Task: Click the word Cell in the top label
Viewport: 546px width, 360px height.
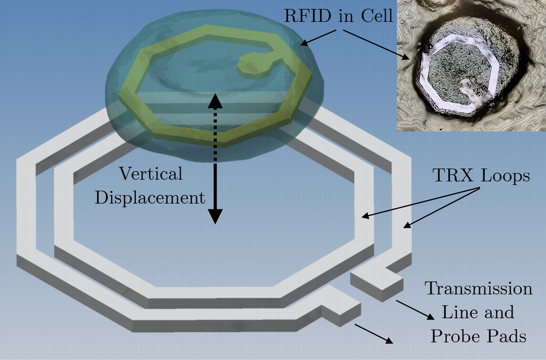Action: (375, 16)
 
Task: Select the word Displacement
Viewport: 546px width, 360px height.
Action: (149, 197)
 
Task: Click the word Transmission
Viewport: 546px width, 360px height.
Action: (478, 288)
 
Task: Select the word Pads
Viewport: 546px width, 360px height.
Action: (506, 336)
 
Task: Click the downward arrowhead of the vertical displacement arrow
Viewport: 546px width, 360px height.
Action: (215, 216)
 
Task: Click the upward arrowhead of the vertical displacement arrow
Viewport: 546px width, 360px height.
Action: (215, 101)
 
